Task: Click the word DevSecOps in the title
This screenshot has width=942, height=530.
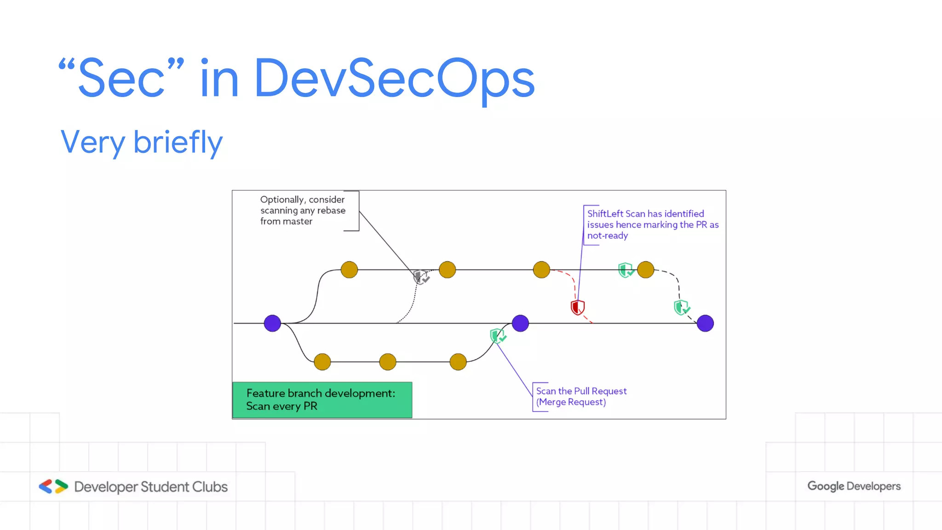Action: [394, 78]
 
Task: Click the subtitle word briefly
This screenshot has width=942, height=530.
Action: [178, 142]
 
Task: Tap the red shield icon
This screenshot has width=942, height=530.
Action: [577, 307]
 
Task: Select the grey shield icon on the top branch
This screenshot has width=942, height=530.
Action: [420, 277]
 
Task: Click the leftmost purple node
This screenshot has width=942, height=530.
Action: [272, 323]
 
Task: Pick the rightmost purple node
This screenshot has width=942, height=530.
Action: [705, 323]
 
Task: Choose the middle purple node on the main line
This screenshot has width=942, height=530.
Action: [520, 323]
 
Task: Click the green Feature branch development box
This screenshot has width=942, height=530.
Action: [322, 400]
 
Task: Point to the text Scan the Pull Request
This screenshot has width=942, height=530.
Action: [581, 391]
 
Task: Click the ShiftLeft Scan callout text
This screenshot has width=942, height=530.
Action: [652, 225]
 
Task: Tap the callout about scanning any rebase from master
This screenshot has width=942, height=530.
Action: [303, 210]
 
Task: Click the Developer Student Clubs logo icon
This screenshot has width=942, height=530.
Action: [53, 486]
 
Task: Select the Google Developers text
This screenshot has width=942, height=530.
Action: [854, 486]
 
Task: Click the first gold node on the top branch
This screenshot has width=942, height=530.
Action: [349, 270]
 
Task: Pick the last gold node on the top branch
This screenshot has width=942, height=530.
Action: [645, 270]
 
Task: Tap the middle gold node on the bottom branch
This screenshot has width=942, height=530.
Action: [388, 362]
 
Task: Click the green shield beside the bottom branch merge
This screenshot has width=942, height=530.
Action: [497, 336]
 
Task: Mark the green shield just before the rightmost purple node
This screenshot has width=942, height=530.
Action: [681, 307]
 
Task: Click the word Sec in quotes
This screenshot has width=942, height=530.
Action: [121, 78]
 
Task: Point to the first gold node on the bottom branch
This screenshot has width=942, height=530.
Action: [322, 362]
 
